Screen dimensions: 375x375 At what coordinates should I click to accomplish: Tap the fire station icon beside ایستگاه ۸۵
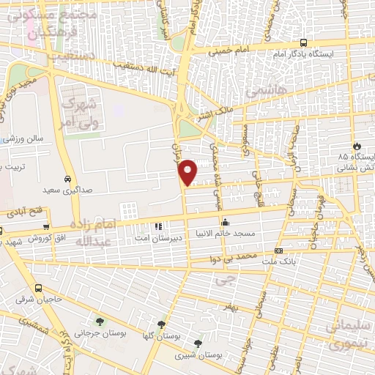point(357,146)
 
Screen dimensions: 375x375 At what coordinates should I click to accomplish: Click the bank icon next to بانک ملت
point(277,250)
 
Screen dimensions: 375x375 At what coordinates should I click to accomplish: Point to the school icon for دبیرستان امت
point(158,224)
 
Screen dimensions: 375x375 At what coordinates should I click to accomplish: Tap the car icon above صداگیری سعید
point(67,179)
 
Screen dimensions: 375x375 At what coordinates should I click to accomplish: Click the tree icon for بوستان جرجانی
point(99,322)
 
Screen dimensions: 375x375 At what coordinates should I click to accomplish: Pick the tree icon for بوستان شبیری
point(198,343)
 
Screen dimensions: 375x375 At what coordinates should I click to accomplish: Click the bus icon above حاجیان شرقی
point(38,289)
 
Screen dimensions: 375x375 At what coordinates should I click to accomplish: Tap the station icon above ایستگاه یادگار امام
point(304,43)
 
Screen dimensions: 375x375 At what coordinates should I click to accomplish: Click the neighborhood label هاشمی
point(261,92)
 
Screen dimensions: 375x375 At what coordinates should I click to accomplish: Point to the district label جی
point(232,279)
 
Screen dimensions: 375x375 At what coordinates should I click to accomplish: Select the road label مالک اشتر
point(214,115)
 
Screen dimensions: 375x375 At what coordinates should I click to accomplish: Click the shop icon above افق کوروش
point(46,227)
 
